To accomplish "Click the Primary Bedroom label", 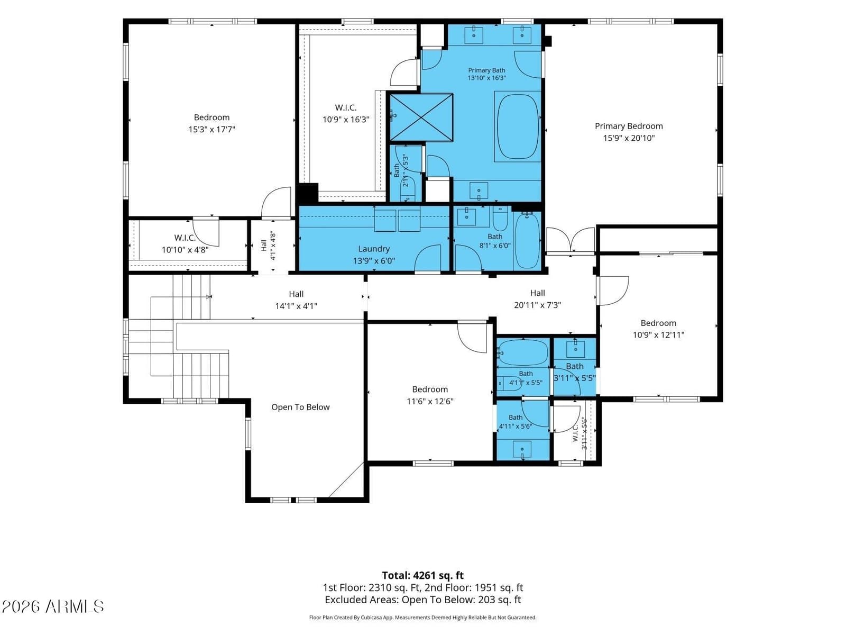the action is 628,126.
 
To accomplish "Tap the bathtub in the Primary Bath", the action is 518,126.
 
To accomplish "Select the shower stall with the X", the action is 421,117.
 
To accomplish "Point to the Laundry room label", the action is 373,249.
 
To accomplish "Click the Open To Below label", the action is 300,407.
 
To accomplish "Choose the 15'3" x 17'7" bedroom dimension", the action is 212,129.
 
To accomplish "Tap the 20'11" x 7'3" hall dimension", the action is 537,305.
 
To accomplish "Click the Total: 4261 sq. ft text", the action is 423,575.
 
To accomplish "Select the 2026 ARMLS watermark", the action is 53,606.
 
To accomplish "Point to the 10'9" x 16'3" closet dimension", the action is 346,120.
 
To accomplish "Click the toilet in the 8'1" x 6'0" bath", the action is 500,217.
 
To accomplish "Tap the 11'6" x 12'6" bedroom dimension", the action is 430,401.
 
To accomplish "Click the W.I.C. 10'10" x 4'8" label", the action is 185,243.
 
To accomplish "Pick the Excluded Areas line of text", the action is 423,600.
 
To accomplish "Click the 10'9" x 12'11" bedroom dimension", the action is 658,335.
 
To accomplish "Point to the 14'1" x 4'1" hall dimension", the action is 296,306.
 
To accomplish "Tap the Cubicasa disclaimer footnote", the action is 423,617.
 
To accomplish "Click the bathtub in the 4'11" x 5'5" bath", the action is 523,352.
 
